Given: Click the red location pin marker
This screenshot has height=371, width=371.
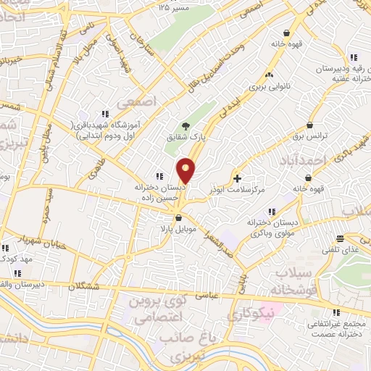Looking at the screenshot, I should tap(186, 170).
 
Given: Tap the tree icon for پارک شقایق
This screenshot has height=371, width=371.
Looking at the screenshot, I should tap(186, 126).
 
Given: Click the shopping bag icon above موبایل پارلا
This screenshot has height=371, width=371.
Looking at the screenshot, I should tap(178, 217).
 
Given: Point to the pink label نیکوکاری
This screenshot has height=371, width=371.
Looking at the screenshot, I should tap(251, 313).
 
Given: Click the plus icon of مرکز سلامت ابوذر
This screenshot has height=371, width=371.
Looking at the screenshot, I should tap(238, 177).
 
